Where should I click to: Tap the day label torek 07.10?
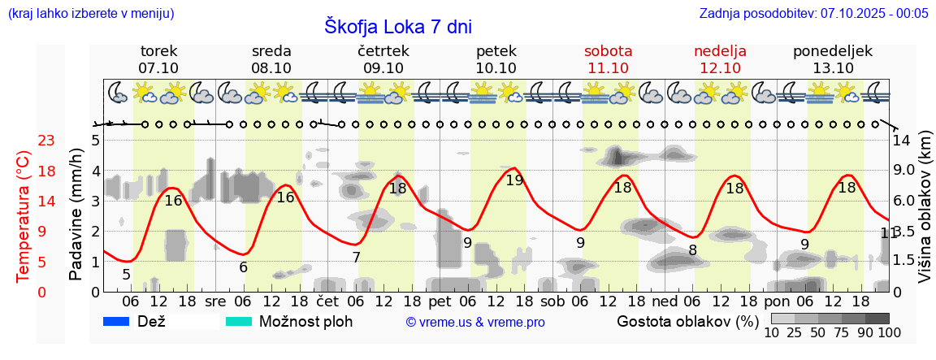[158, 59]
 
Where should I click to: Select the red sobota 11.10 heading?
[608, 59]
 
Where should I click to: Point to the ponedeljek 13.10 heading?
[833, 59]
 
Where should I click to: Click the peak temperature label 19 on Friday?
[514, 180]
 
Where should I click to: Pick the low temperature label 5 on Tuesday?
[126, 275]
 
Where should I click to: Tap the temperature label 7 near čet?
[356, 258]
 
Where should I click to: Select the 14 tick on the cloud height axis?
[901, 141]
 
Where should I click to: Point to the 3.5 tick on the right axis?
[903, 231]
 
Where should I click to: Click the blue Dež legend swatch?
[117, 322]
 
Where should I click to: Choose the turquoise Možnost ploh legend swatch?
[238, 322]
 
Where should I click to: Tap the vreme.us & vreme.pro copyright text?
[475, 323]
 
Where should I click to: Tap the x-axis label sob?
[552, 301]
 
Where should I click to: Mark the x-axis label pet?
[440, 301]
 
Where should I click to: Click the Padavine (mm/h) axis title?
[76, 214]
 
